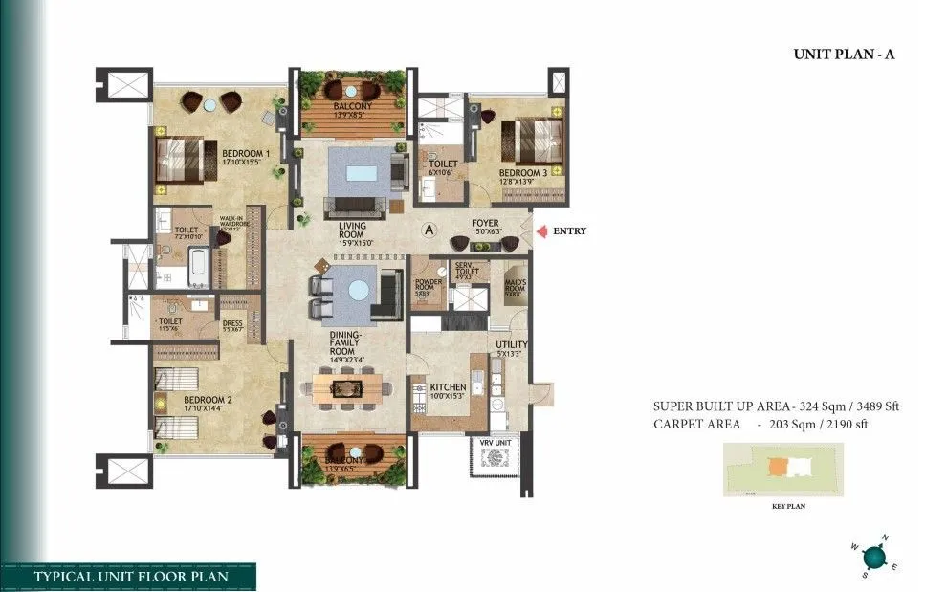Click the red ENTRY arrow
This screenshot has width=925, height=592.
[x=541, y=230]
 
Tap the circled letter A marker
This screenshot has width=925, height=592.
[x=430, y=230]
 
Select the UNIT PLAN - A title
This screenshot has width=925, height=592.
[x=843, y=55]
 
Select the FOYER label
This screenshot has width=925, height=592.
[x=485, y=224]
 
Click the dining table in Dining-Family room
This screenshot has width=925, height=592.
[x=350, y=388]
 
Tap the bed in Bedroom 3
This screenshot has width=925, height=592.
[x=528, y=134]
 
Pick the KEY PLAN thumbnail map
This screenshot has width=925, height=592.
[x=783, y=469]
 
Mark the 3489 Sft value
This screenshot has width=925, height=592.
[x=875, y=406]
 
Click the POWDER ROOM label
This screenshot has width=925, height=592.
[x=426, y=286]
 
